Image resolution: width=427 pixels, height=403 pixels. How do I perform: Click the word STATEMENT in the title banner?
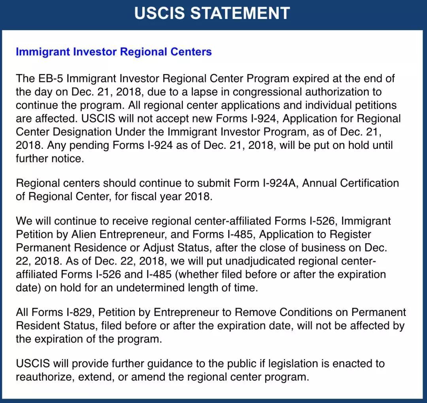[240, 13]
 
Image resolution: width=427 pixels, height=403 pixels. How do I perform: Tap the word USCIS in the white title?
[159, 13]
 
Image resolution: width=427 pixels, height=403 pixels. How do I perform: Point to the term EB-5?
[49, 78]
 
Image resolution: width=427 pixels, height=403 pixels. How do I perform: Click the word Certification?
[370, 183]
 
